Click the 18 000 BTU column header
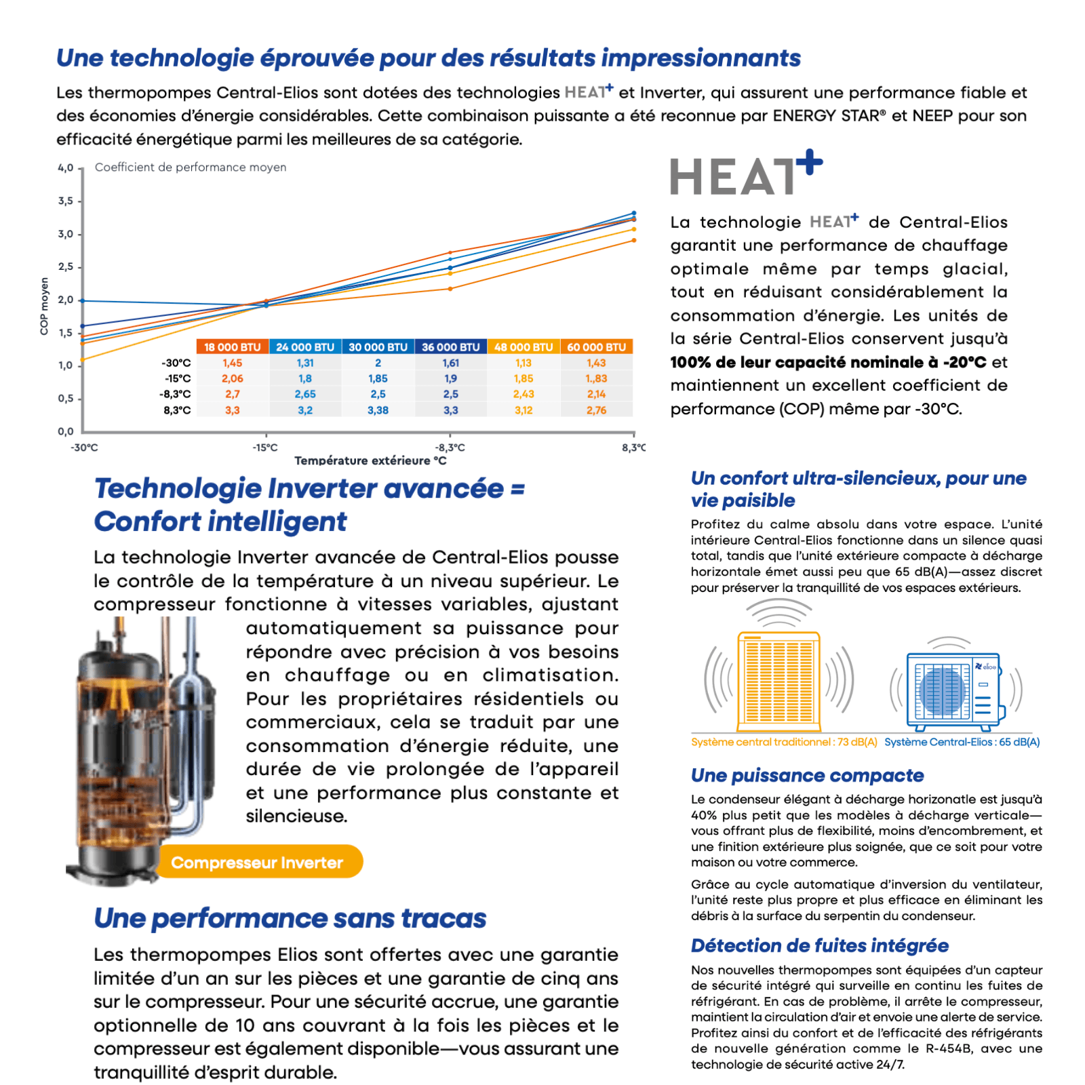[x=232, y=347]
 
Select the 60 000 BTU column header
[x=596, y=347]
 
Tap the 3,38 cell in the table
[x=378, y=410]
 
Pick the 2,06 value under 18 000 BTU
[x=232, y=378]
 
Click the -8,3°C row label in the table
[x=175, y=394]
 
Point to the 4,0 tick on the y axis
[x=65, y=167]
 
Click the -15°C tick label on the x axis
[x=265, y=448]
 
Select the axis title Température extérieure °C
[x=370, y=460]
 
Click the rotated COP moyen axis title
[x=45, y=306]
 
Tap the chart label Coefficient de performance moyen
[x=191, y=167]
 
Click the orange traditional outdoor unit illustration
[x=778, y=678]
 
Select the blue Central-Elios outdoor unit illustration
[x=955, y=690]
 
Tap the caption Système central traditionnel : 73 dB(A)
[x=784, y=742]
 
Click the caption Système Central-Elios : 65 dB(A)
[x=962, y=742]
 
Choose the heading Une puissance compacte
[x=807, y=775]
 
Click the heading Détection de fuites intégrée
[x=819, y=945]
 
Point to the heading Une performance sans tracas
[x=290, y=918]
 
